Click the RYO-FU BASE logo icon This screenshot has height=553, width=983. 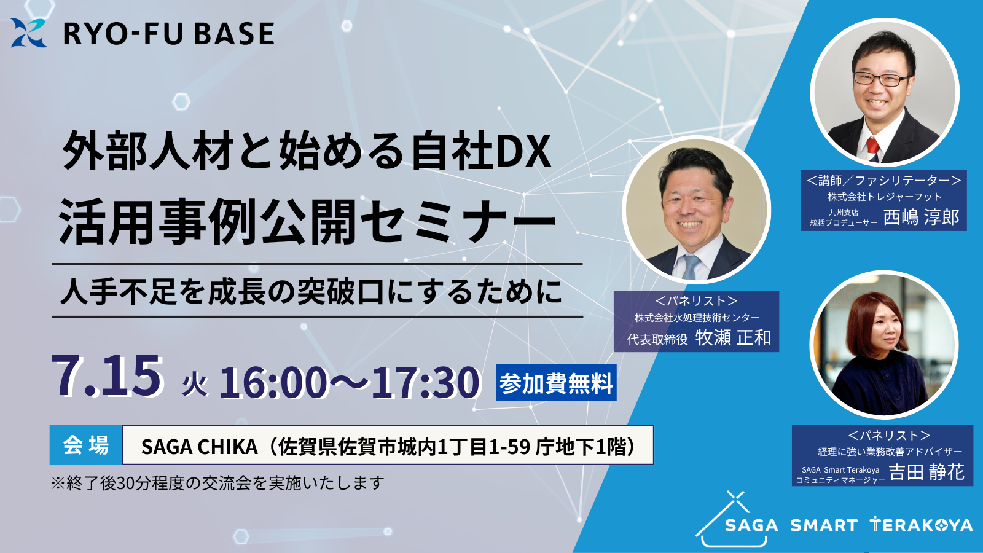point(28,33)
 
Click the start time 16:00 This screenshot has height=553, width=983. point(273,383)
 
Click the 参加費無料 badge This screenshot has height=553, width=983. point(556,383)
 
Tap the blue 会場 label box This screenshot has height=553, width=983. point(86,445)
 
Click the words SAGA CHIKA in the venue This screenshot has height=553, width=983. point(200,447)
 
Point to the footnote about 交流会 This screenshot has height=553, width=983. point(218,483)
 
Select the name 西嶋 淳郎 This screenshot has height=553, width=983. point(921,217)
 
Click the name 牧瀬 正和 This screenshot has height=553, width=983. point(734,337)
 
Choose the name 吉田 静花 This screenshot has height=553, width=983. point(926,473)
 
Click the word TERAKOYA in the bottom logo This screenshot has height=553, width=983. point(921,525)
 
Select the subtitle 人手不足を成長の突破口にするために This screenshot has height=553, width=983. point(311,291)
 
